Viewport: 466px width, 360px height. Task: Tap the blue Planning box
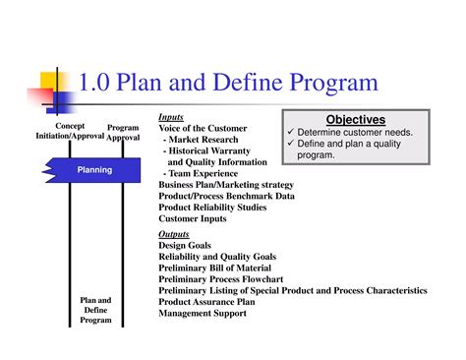[95, 170]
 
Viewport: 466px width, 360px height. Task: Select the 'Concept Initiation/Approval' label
[69, 132]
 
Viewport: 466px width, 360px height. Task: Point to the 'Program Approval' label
[123, 133]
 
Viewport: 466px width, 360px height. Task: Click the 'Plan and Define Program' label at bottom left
[95, 310]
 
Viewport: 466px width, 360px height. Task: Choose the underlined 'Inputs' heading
[171, 117]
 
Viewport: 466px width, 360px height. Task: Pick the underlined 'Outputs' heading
[174, 235]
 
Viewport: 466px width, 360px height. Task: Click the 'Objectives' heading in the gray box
[355, 119]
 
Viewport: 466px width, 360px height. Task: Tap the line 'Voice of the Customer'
[203, 129]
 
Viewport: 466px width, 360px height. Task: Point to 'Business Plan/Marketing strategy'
[227, 184]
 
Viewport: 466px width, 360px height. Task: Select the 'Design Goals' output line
[186, 246]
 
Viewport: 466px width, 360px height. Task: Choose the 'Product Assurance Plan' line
[207, 302]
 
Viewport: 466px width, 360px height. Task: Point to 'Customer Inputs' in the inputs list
[193, 218]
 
